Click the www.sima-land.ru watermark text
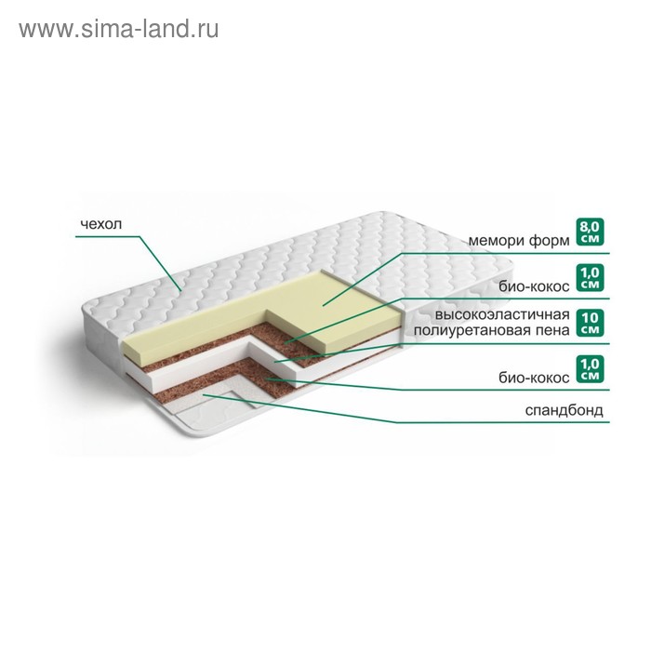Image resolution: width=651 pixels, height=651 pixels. pos(119,30)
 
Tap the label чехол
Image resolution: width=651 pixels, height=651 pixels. pos(101,224)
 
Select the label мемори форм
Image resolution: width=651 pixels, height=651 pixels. pos(519,240)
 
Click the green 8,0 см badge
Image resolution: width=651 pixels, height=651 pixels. pos(590,232)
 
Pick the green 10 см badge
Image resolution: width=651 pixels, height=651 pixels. pos(590,323)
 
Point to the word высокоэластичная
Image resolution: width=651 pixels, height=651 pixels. pos(502,314)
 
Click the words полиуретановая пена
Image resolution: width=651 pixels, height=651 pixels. pos(492,330)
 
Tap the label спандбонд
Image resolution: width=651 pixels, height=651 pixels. pos(564,410)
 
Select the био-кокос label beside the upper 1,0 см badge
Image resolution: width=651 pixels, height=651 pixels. pos(535,286)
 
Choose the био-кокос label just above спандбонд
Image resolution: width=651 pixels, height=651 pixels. pos(535,378)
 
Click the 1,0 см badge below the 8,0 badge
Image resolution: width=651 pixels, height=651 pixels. pos(590,277)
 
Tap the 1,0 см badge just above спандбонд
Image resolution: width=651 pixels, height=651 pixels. pos(590,368)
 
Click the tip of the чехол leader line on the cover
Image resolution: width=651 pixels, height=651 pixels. pos(180,290)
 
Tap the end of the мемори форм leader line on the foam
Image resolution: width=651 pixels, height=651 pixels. pos(323,306)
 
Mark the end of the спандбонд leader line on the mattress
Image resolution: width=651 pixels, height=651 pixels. pos(203,395)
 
